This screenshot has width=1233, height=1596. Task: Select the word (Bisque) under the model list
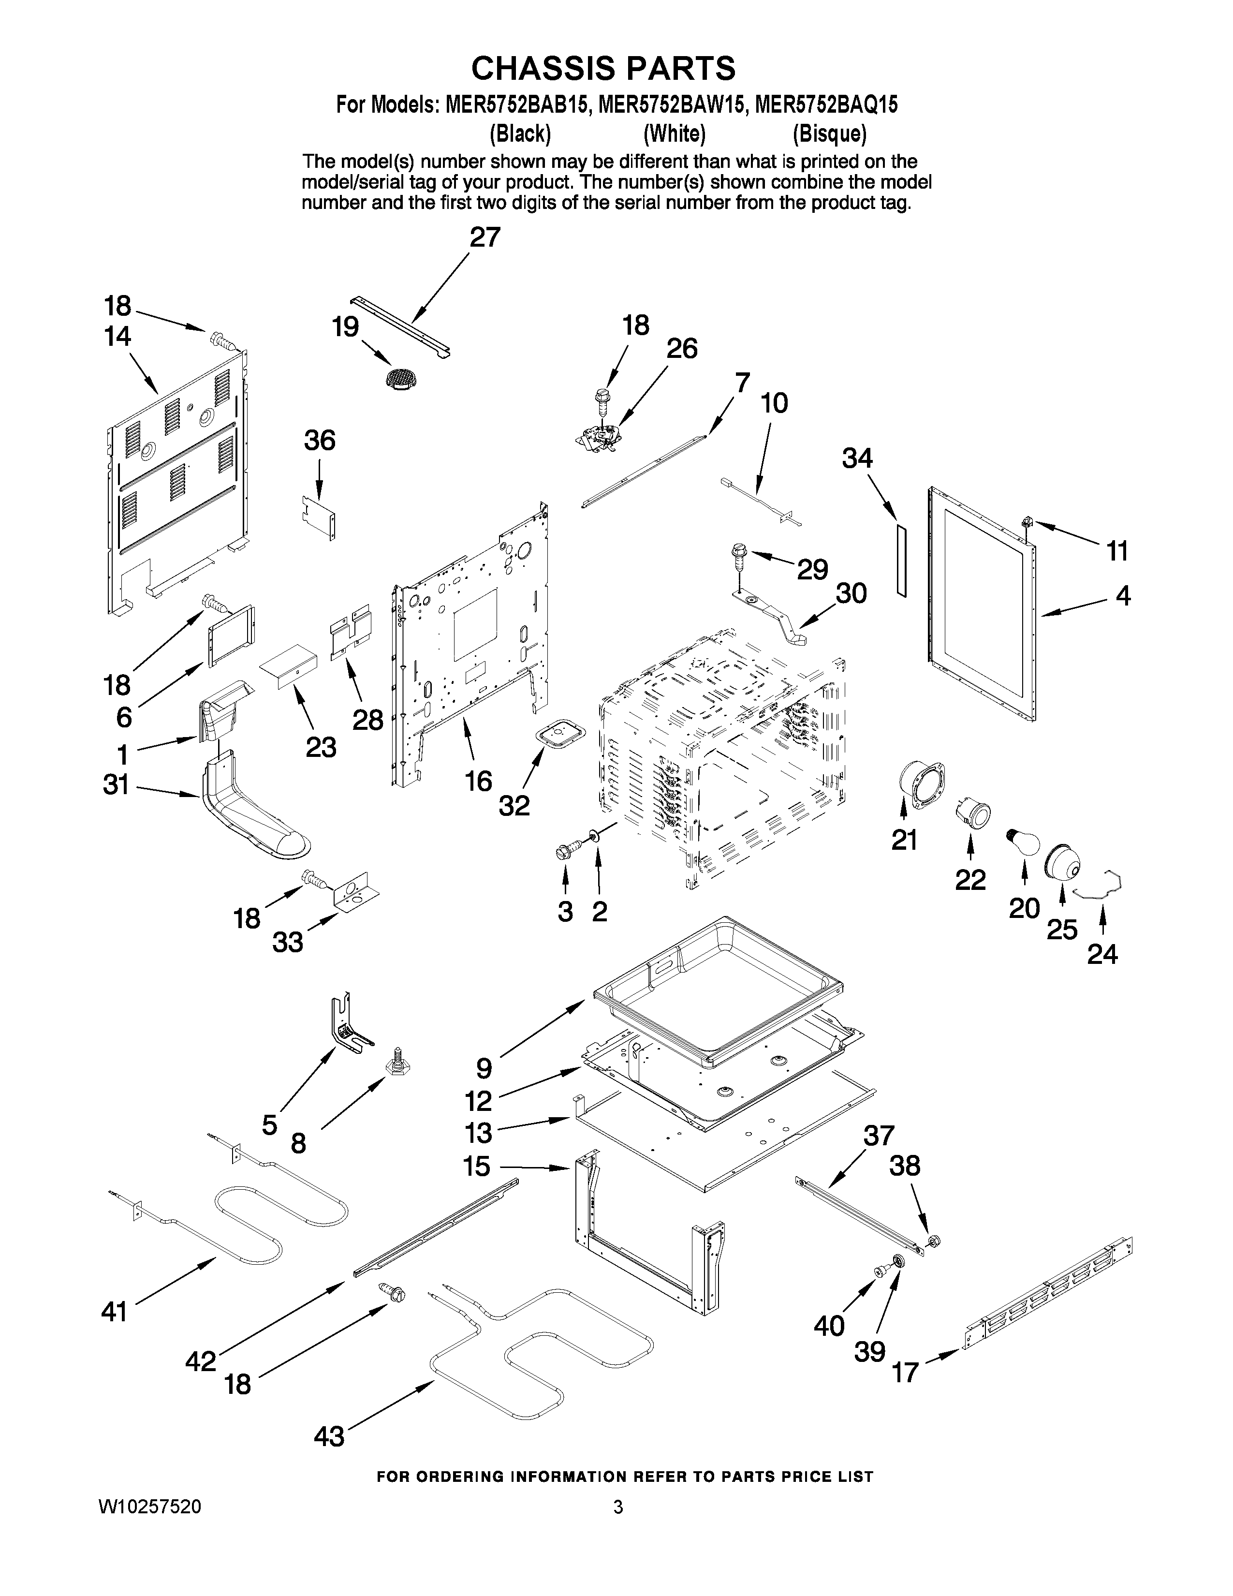830,134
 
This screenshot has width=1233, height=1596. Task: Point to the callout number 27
484,237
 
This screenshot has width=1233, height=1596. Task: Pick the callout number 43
329,1437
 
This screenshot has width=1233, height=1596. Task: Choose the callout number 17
905,1373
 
